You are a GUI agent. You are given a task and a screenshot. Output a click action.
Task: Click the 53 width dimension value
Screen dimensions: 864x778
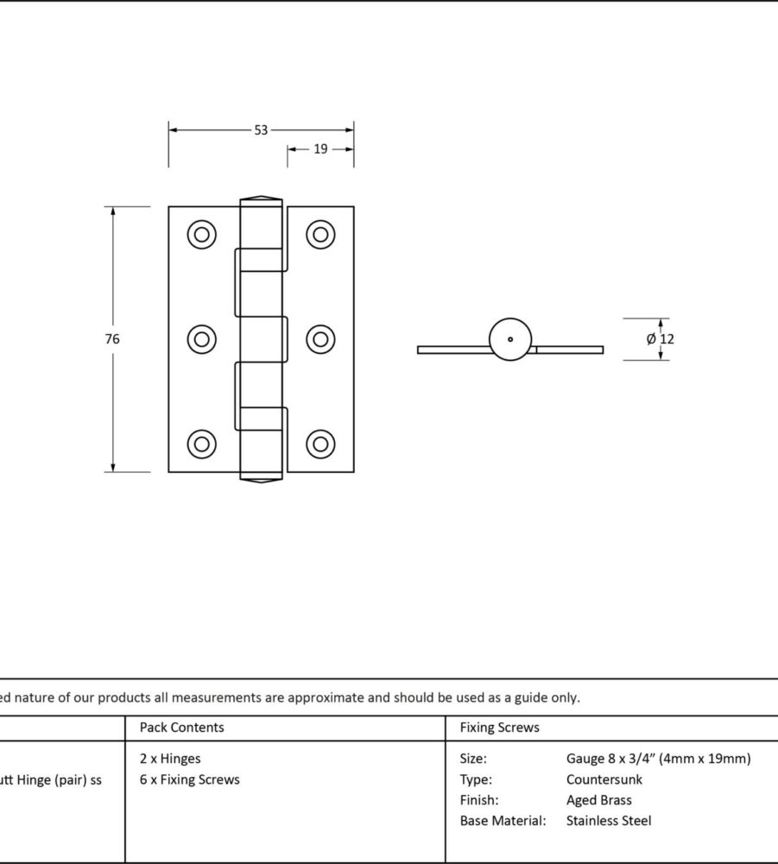[261, 130]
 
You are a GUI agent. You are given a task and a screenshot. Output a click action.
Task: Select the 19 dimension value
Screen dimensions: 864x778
[320, 149]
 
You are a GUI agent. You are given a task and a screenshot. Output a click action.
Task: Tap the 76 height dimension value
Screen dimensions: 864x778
[112, 339]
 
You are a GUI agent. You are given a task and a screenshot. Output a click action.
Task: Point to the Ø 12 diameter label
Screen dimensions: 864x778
[661, 339]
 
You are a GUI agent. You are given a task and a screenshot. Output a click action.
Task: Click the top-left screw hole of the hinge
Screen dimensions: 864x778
[202, 234]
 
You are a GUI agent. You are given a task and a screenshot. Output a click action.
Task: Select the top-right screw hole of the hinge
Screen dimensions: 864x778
[320, 234]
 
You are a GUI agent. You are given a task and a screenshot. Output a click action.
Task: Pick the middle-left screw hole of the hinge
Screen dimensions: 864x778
[202, 339]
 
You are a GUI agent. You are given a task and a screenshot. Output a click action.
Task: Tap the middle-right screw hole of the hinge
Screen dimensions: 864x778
[320, 339]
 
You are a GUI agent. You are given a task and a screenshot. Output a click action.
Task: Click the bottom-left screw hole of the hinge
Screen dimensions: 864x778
[202, 444]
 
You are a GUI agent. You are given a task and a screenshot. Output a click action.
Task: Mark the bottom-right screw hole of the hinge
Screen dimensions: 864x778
[320, 444]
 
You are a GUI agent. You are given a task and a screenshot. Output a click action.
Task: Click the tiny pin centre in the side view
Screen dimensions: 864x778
[510, 339]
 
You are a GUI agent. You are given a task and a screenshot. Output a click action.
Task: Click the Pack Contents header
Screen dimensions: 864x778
[181, 728]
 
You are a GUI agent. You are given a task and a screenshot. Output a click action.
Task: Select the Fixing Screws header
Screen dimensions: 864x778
[499, 728]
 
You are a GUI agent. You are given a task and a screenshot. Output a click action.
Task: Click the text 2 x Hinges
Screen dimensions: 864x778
[170, 759]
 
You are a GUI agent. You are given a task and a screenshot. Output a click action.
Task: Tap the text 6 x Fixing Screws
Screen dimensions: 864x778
[190, 779]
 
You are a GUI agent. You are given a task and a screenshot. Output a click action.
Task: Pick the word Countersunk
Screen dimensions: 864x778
[604, 779]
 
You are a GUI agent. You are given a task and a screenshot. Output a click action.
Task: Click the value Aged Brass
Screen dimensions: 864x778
[599, 800]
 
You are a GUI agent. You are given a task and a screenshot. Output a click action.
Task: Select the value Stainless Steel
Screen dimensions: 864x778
[609, 821]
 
